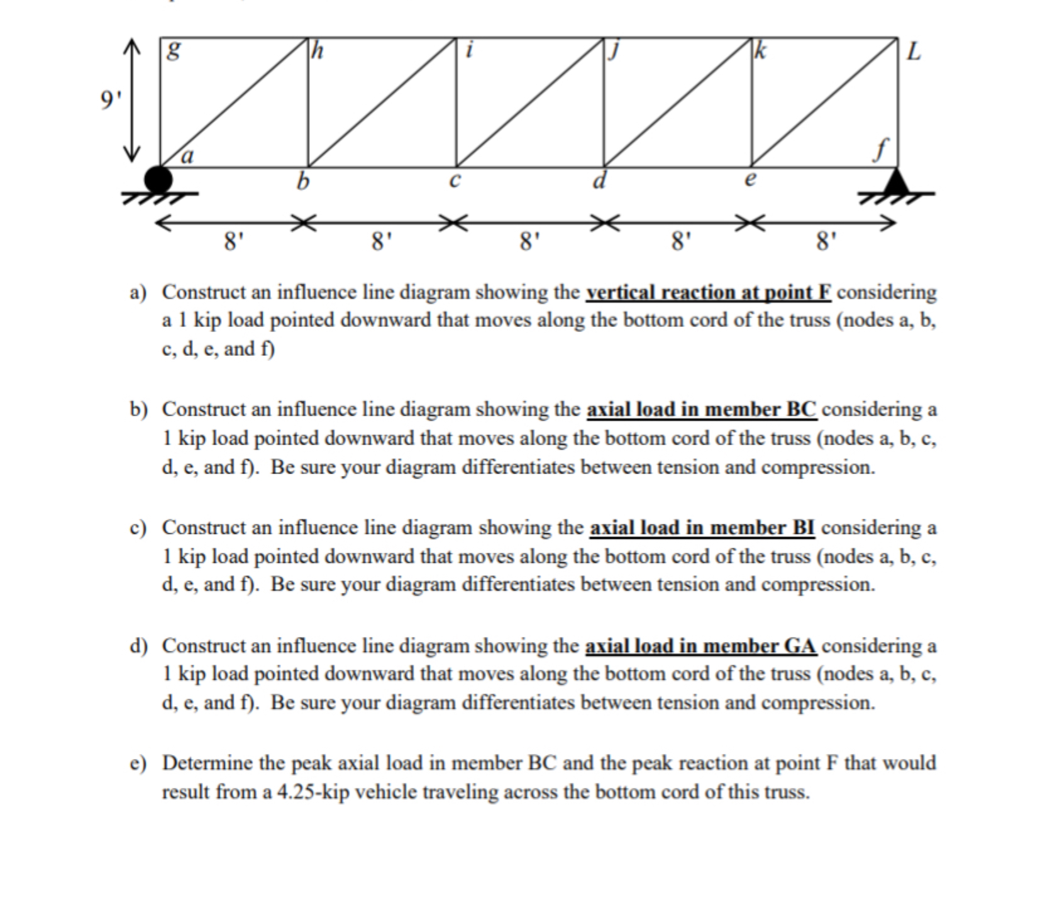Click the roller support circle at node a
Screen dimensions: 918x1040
pos(158,179)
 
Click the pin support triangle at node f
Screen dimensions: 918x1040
pos(897,182)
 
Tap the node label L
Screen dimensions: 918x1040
pos(913,53)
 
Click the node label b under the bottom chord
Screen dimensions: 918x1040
pos(303,182)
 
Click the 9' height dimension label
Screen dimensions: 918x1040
pos(110,100)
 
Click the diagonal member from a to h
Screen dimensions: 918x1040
pos(234,102)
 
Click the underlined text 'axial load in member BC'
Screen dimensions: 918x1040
pos(701,410)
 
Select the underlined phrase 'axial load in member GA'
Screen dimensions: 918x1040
pos(700,646)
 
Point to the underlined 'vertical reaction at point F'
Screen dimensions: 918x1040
pos(708,293)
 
